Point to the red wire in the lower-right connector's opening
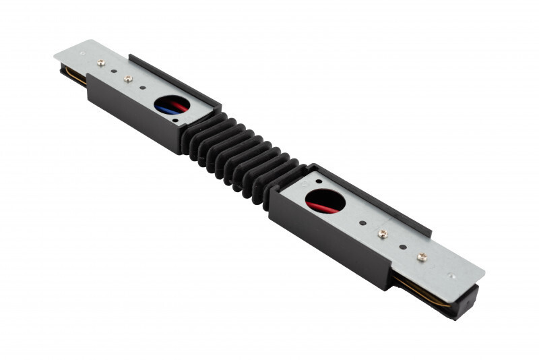(322, 206)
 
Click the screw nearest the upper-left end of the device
(101, 63)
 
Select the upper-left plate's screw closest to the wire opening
(128, 78)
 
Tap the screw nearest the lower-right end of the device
(422, 257)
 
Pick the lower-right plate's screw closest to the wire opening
(383, 234)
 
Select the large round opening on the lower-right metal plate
(325, 201)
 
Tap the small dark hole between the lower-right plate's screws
(402, 245)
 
